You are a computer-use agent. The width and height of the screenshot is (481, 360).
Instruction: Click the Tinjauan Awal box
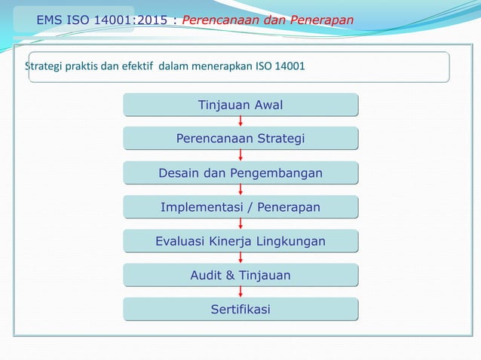tap(240, 105)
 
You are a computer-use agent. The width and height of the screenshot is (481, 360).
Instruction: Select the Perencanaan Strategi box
tap(240, 139)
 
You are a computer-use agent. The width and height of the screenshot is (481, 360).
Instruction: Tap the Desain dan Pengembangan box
tap(240, 174)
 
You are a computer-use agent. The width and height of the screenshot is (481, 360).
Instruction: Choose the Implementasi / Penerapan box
tap(240, 207)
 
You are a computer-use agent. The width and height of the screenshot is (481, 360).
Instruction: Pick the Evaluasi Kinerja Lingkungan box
tap(240, 241)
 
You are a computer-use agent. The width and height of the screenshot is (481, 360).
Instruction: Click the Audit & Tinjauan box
tap(240, 276)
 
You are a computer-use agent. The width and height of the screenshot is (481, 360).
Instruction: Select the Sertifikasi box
tap(240, 310)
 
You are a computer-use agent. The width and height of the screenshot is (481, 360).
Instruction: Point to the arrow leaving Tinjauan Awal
tap(240, 122)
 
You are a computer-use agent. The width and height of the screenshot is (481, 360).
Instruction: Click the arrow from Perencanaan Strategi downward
tap(240, 156)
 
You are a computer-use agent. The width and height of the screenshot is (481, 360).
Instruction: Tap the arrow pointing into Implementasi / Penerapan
tap(240, 190)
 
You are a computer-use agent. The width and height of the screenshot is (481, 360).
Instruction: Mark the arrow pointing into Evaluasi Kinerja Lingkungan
tap(240, 224)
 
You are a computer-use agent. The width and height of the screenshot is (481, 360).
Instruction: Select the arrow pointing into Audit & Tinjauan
tap(240, 258)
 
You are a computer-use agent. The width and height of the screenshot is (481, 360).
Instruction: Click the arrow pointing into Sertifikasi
tap(240, 292)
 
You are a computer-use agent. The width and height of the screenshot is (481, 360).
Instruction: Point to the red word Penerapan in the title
tap(320, 20)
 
